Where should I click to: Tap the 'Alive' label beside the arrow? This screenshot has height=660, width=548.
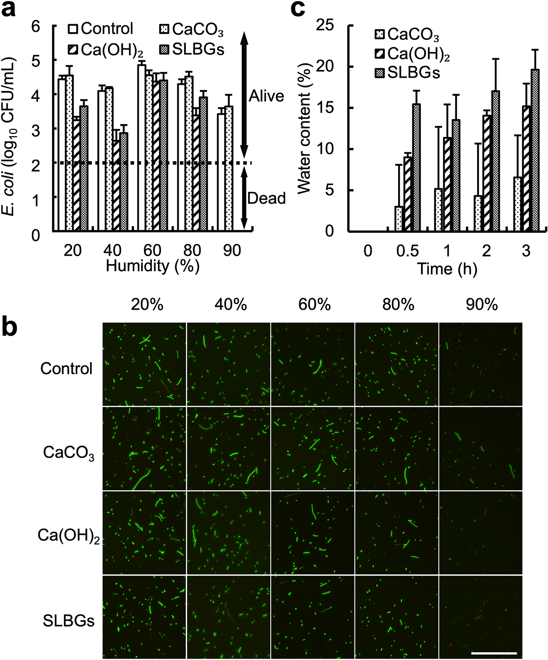tap(266, 96)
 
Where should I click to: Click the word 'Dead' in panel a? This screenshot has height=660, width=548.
tap(266, 198)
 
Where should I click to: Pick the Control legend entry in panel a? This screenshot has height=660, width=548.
tap(101, 29)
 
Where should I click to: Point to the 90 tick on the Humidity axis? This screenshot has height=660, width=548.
tap(232, 251)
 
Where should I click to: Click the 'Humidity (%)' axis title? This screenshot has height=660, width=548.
tap(152, 266)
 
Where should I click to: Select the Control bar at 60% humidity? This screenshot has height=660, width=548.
tap(142, 148)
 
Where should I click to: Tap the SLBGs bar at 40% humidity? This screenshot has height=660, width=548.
tap(124, 182)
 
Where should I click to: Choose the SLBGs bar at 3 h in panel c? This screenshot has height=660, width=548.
tap(536, 151)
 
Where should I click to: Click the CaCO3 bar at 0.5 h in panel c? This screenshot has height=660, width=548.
tap(399, 219)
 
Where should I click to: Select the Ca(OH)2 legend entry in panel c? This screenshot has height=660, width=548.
tap(412, 54)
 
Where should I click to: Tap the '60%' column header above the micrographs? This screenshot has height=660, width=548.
tap(314, 305)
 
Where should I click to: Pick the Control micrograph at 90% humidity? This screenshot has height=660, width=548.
tap(480, 364)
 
